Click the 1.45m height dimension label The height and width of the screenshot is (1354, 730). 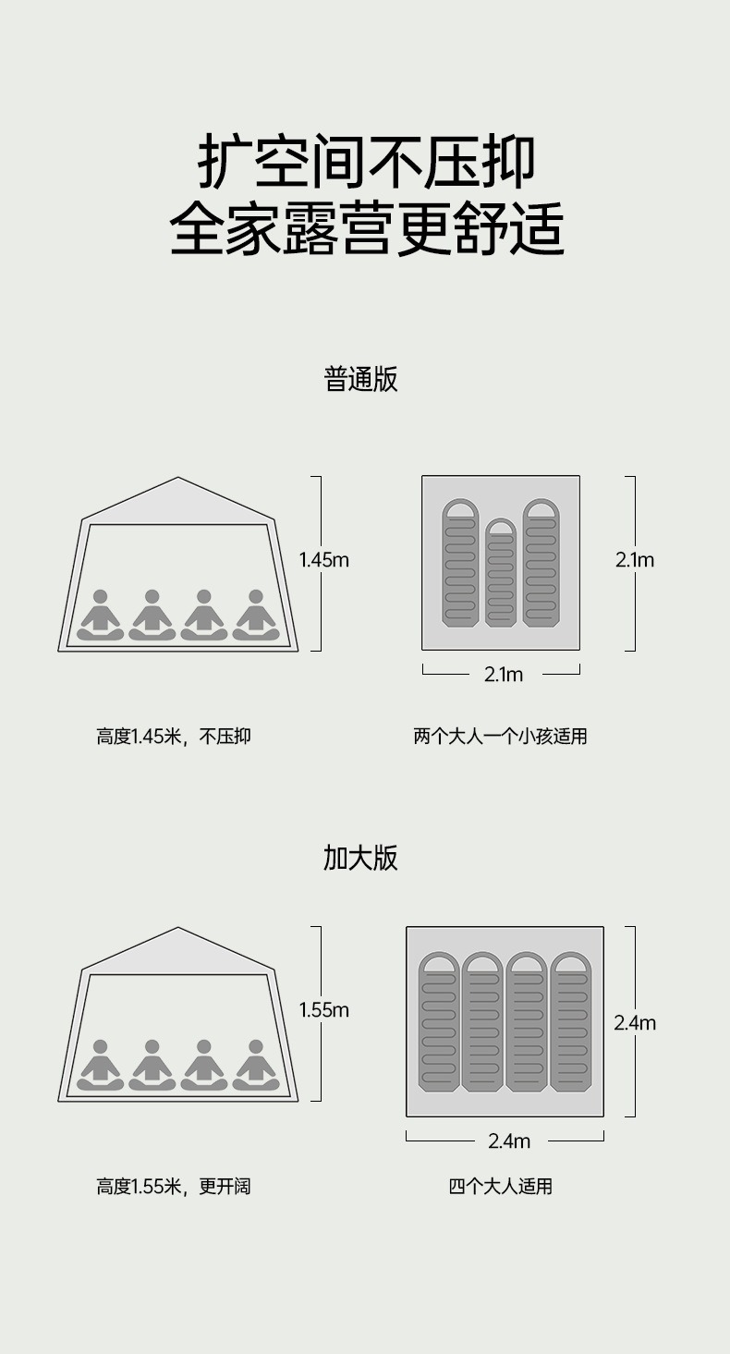[x=323, y=559]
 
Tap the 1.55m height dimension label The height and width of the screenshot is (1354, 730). [x=323, y=1010]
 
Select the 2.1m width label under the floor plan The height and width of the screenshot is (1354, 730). [x=504, y=675]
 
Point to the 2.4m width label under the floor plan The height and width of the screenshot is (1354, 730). [x=509, y=1141]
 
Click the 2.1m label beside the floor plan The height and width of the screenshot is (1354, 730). [x=635, y=559]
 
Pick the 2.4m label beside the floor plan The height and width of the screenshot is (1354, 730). [x=635, y=1022]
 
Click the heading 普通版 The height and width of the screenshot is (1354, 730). [x=360, y=379]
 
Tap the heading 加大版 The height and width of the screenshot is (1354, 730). [x=360, y=858]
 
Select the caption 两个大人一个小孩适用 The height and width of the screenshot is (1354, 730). [x=500, y=737]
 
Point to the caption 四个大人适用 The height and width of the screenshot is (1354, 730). [x=500, y=1186]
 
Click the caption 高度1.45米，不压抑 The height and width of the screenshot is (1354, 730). [x=174, y=737]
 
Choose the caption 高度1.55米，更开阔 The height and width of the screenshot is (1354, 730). [x=174, y=1186]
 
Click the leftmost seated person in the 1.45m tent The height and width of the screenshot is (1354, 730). [x=100, y=616]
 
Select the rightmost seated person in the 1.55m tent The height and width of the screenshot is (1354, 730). [x=256, y=1067]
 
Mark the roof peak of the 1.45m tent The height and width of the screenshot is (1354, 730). [x=178, y=479]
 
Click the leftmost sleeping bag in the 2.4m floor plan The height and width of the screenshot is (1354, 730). [x=439, y=1021]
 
